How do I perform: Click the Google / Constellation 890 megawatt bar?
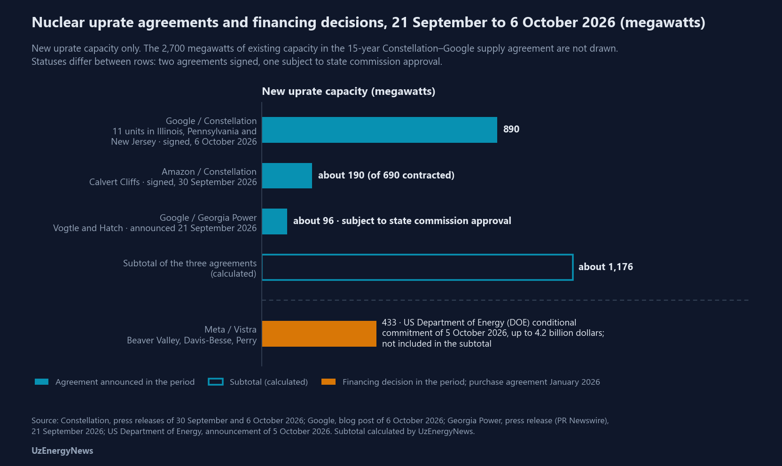point(379,130)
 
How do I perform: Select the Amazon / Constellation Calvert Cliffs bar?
point(287,176)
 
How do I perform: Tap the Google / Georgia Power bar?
point(274,222)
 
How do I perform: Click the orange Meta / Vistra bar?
point(319,334)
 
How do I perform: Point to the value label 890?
point(511,129)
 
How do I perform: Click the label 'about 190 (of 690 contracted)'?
point(386,175)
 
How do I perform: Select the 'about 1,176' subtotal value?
point(606,267)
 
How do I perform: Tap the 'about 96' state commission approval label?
point(402,221)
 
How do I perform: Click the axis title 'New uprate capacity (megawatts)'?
point(348,92)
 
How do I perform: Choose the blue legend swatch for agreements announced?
point(41,382)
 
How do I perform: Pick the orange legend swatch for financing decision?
point(328,382)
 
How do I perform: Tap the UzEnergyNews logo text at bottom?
point(62,451)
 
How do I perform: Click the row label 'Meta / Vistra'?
point(230,329)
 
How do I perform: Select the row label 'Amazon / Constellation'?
point(209,172)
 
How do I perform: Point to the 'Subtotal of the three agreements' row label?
point(189,263)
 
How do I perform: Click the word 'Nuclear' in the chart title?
point(58,23)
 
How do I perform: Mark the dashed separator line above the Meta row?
point(505,300)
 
